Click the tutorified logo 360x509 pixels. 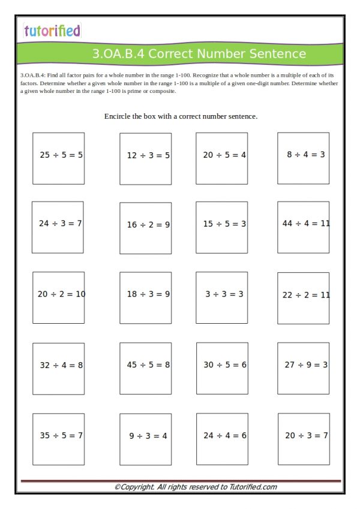(x=52, y=31)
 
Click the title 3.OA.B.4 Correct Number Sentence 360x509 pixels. (x=199, y=54)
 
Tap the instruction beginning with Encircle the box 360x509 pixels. (x=181, y=116)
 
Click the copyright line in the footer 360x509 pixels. (x=196, y=487)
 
